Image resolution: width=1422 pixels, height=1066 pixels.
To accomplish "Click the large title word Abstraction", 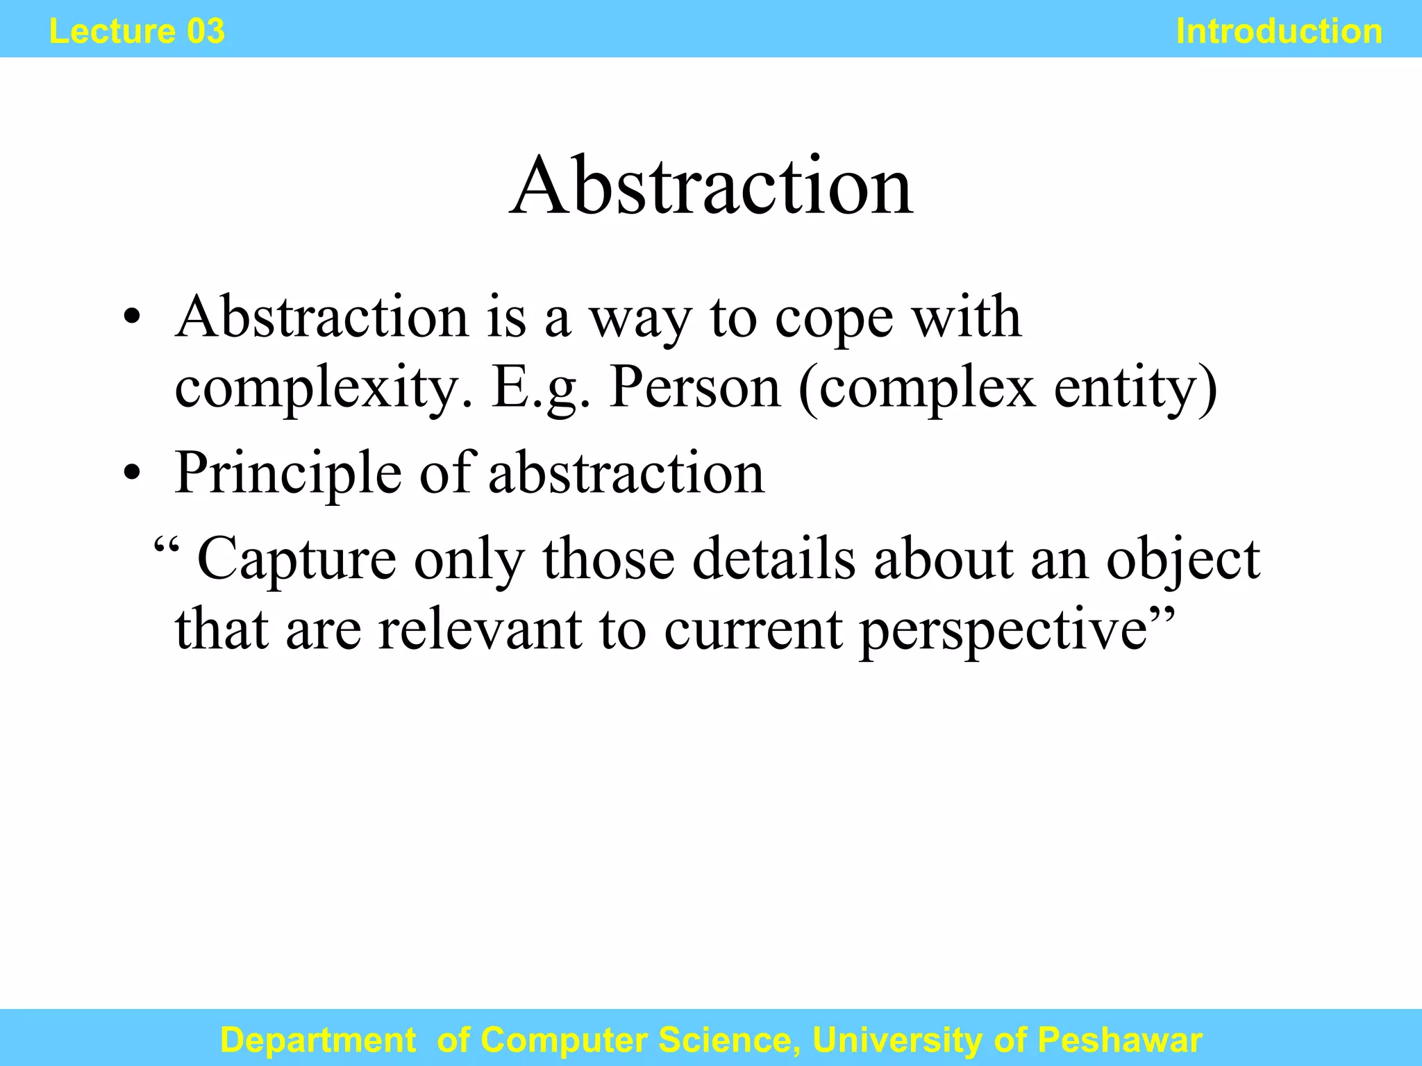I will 711,186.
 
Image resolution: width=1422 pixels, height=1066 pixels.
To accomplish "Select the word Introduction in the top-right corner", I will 1279,31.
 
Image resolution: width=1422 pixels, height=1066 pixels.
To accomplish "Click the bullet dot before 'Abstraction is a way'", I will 132,319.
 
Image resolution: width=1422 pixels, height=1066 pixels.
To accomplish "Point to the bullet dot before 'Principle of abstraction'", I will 132,475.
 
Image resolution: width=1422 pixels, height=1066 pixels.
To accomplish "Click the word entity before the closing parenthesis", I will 1128,389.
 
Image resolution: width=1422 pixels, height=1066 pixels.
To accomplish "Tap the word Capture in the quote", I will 297,559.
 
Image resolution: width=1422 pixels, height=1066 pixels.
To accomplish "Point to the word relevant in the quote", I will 479,629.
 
